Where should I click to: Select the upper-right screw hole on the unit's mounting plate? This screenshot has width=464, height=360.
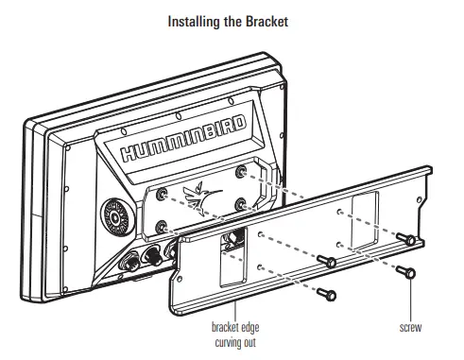point(243,170)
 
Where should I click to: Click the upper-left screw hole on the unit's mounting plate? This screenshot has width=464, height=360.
point(164,192)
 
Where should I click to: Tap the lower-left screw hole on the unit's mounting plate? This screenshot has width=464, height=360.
point(164,227)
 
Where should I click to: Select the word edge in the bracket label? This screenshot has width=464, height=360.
point(249,328)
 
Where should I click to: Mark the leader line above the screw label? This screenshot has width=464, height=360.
point(410,300)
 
